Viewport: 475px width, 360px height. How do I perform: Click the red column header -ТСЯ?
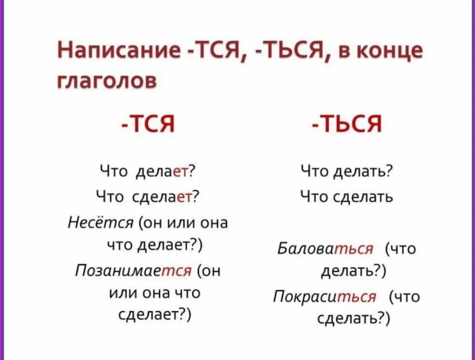[148, 125]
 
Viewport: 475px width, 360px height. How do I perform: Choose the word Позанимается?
[134, 270]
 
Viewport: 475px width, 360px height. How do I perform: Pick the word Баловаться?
[325, 249]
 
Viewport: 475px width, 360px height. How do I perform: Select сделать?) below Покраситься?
[354, 318]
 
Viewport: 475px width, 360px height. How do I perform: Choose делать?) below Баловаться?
[353, 271]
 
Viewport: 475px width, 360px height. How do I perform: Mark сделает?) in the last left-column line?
[153, 315]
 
